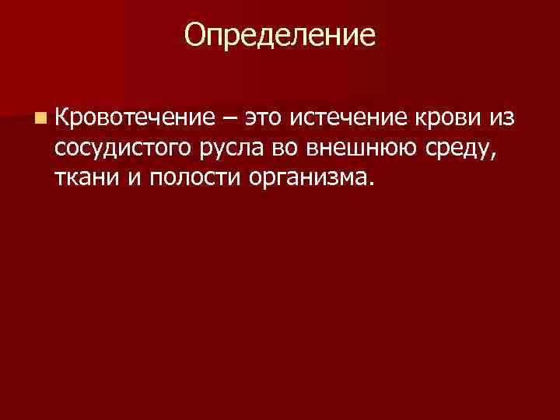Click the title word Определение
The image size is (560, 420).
(x=280, y=34)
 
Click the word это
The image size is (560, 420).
(x=264, y=119)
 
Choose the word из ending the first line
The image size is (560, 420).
(x=500, y=118)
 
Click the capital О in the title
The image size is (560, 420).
(x=196, y=34)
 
